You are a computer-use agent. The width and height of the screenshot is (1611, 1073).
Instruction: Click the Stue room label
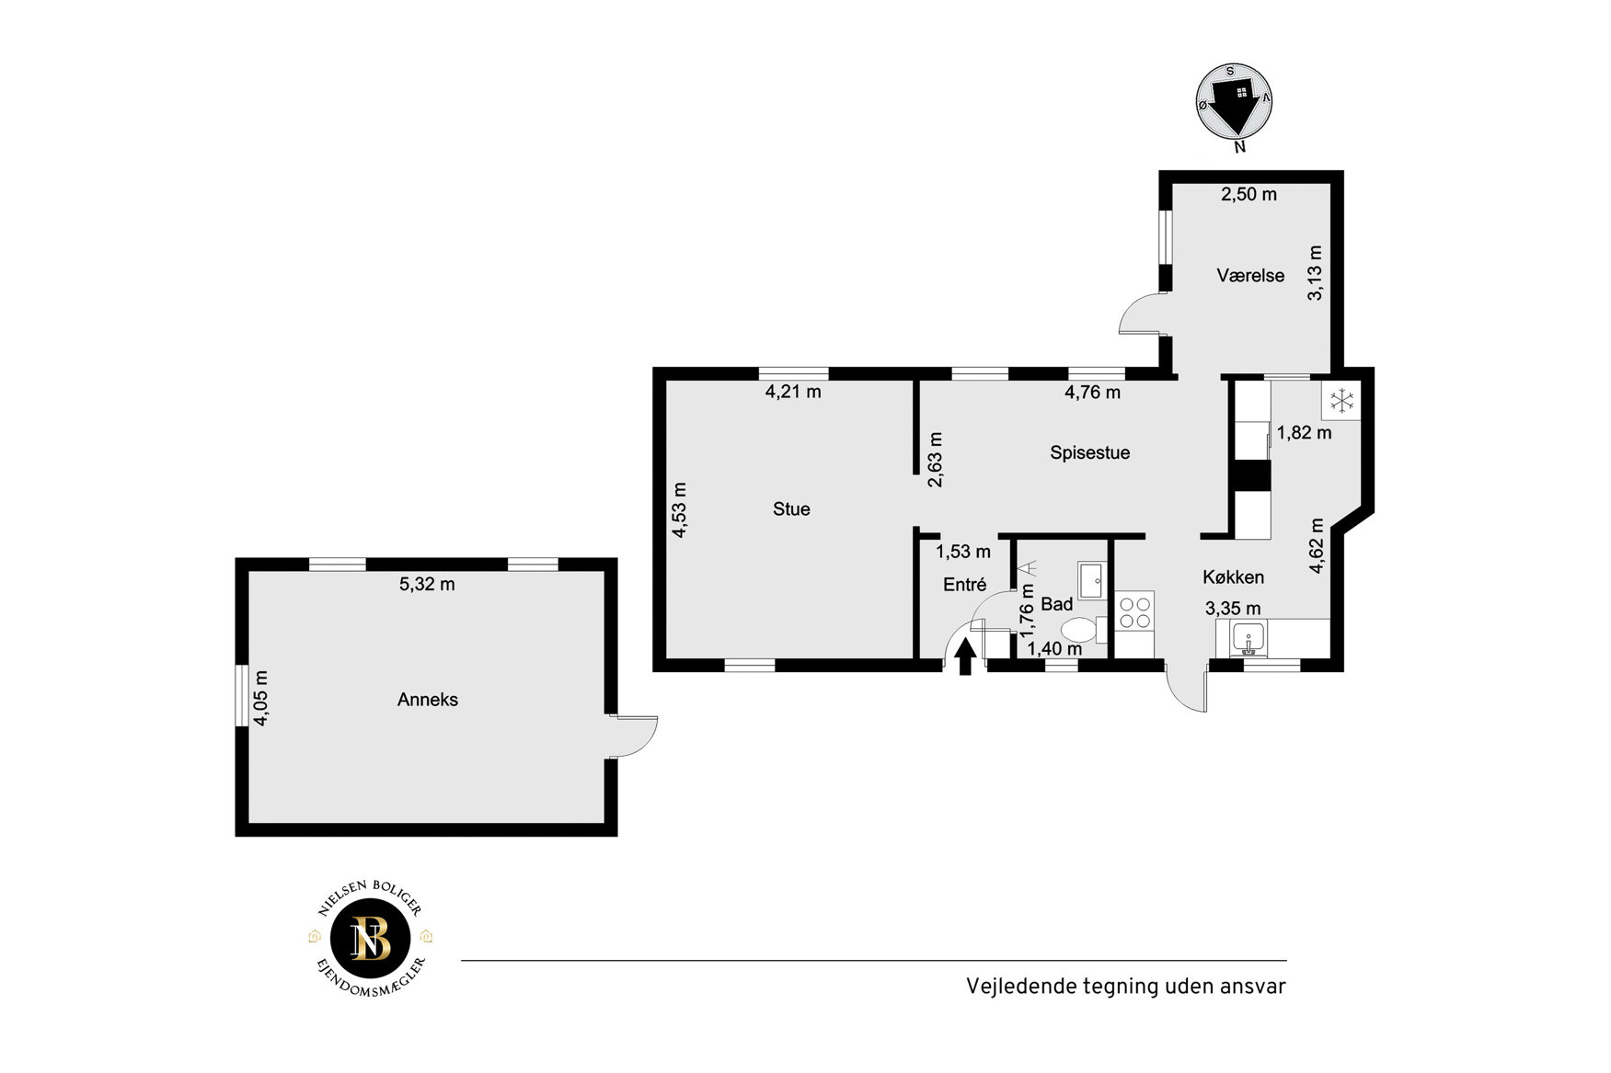point(791,509)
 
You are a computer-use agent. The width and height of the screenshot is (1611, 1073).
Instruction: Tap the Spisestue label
point(1089,452)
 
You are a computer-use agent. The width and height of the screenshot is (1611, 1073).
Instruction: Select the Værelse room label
point(1250,275)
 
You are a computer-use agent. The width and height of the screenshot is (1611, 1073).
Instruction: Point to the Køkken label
point(1233,577)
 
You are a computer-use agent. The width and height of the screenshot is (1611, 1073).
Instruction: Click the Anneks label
point(428,700)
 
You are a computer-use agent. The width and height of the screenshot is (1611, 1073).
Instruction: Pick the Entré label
point(964,585)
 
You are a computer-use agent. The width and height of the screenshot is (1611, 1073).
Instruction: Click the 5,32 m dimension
point(427,584)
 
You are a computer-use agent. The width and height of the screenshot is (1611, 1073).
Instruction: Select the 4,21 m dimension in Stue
point(793,392)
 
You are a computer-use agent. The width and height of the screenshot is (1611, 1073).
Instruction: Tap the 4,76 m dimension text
point(1092,393)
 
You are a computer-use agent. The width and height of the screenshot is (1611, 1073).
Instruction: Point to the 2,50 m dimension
point(1249,194)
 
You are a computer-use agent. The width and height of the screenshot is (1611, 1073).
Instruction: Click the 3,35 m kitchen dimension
point(1233,609)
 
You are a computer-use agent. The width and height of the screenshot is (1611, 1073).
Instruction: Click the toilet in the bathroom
point(1084,631)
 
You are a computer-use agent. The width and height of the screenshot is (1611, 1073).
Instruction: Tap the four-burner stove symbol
point(1134,612)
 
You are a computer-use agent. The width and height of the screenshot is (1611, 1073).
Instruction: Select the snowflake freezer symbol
point(1342,400)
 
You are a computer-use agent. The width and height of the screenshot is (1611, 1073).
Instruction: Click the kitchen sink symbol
point(1249,637)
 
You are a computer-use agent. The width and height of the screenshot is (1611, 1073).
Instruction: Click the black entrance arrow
point(965,656)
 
